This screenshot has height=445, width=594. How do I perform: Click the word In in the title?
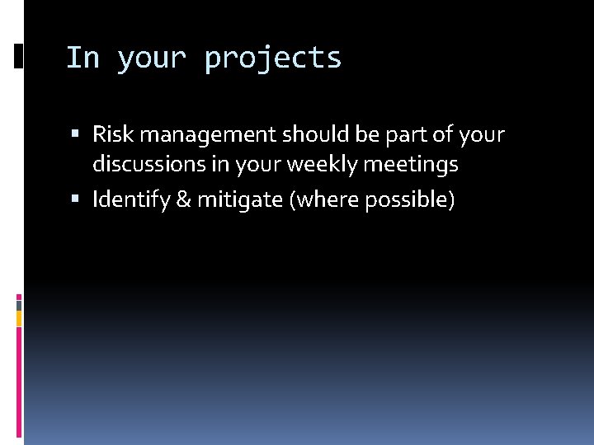pyautogui.click(x=82, y=58)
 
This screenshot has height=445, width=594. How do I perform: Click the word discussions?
pyautogui.click(x=148, y=165)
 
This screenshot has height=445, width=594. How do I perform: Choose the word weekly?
pyautogui.click(x=332, y=166)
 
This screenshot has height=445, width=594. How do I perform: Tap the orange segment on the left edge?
pyautogui.click(x=19, y=318)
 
